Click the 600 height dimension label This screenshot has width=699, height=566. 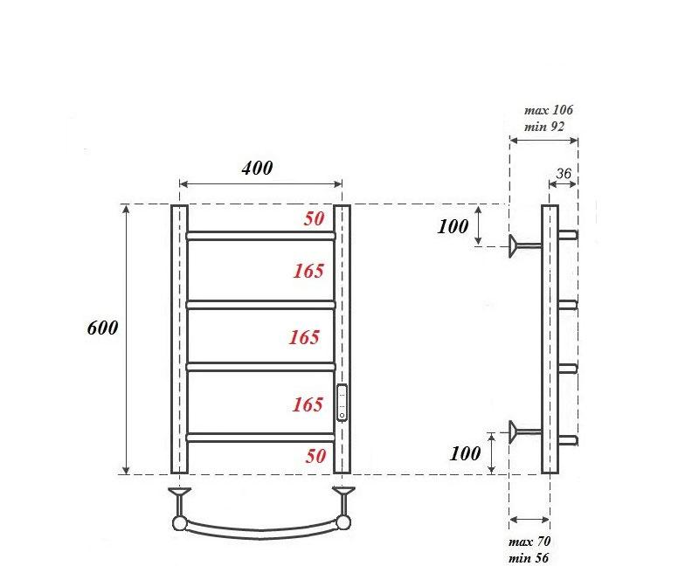102,328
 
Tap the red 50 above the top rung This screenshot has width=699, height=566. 315,218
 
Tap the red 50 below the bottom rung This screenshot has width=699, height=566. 315,455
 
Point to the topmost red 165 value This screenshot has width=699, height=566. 308,271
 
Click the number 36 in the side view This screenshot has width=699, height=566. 564,174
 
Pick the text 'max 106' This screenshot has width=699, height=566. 548,110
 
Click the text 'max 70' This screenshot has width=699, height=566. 529,542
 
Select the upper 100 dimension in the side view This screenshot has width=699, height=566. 453,226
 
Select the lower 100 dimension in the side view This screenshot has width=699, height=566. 466,453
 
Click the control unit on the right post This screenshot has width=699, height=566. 342,403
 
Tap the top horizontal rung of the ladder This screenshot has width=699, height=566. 260,235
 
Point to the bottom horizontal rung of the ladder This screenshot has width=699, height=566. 260,436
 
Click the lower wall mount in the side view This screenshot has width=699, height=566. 523,429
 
